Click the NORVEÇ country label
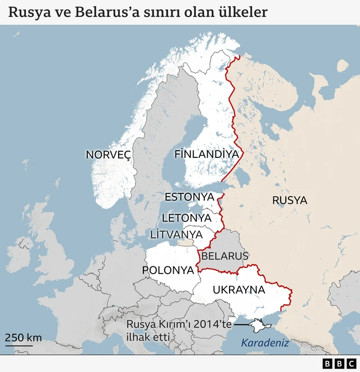108,155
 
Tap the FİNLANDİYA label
206,153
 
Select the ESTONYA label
190,197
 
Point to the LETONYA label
186,217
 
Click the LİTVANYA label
177,234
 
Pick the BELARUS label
224,256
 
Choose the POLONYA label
168,270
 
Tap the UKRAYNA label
238,290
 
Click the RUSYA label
290,200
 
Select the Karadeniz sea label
264,342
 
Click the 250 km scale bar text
23,338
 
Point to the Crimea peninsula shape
260,326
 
